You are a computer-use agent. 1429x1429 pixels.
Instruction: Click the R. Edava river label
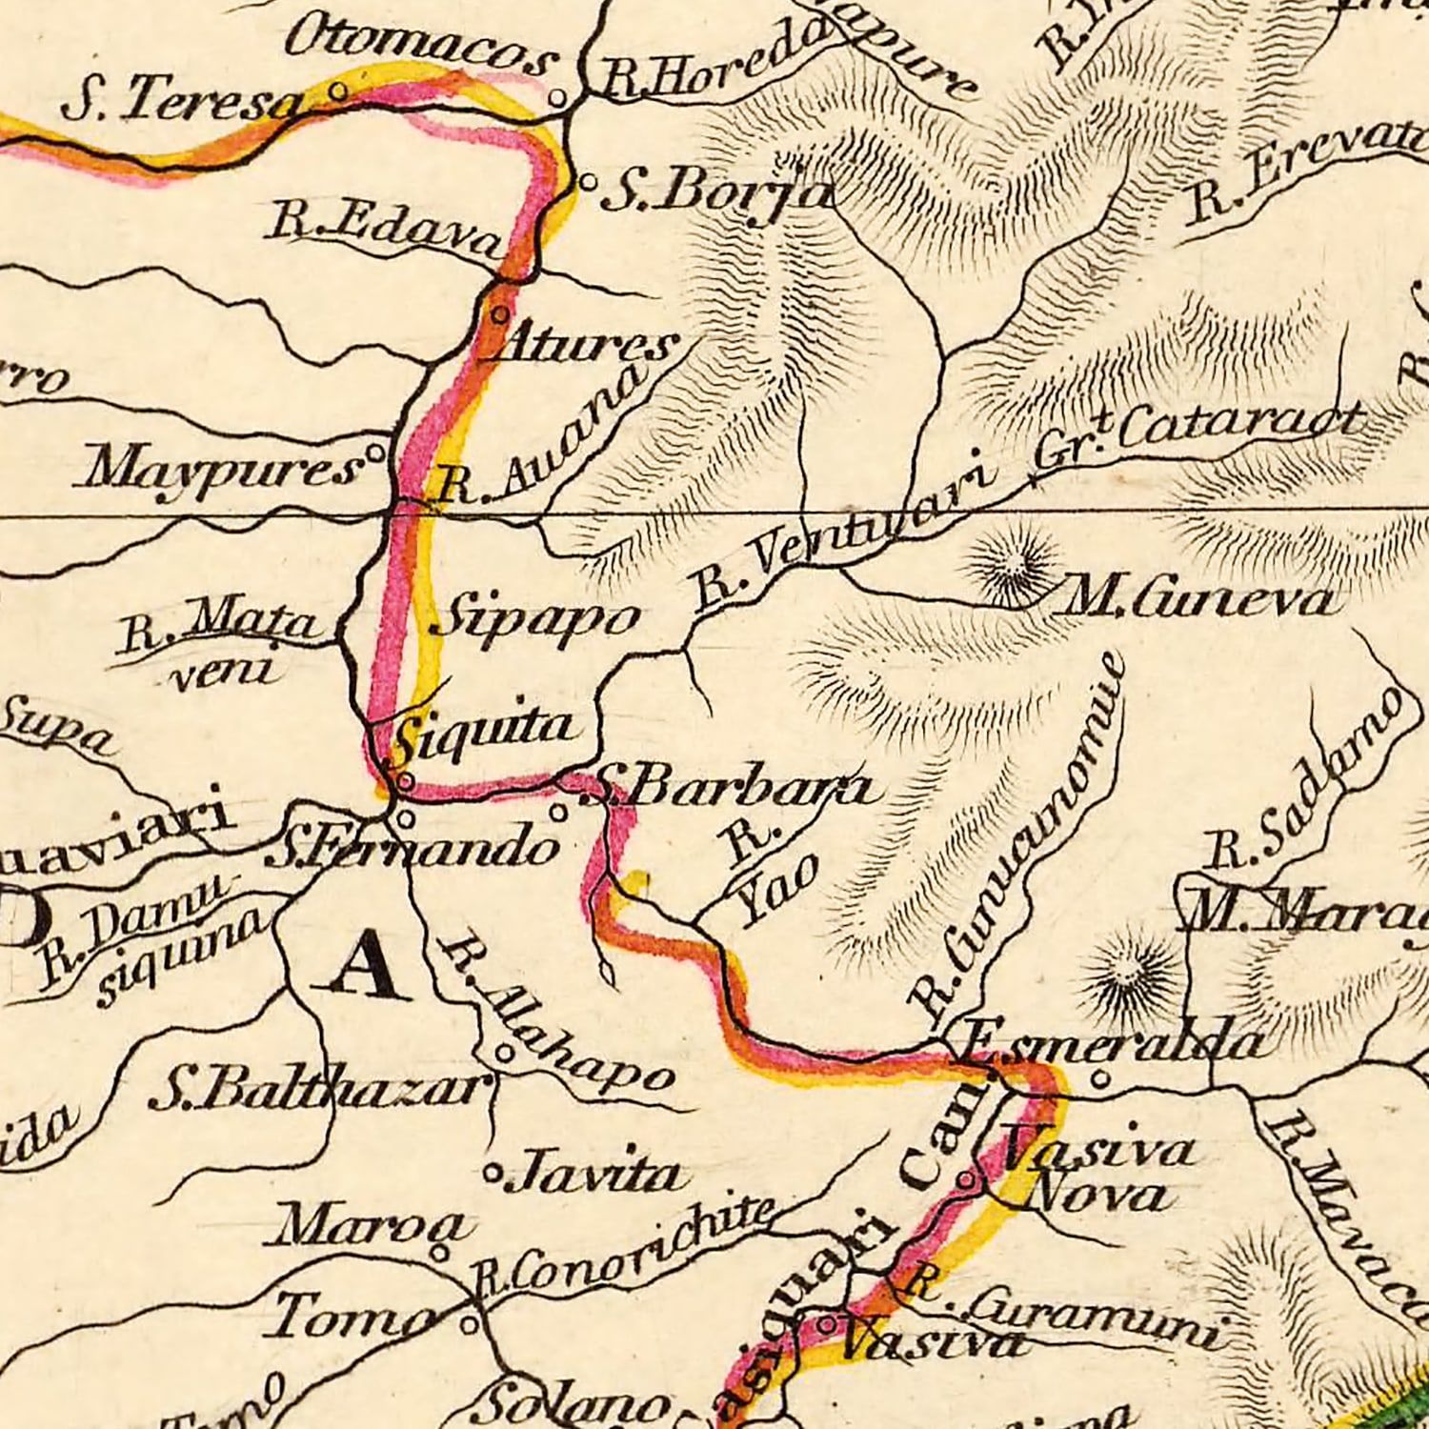pyautogui.click(x=386, y=229)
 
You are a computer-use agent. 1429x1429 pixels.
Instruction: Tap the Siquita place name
pyautogui.click(x=486, y=732)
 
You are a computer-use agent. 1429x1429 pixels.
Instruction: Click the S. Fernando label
pyautogui.click(x=412, y=848)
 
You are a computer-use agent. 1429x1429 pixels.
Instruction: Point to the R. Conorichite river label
pyautogui.click(x=624, y=1246)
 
